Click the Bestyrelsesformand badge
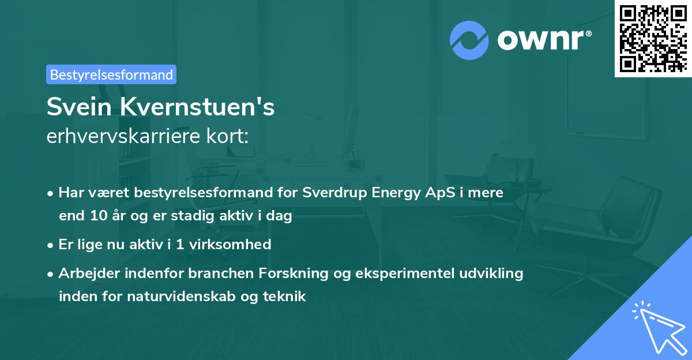coord(111,74)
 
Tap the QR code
coord(653,38)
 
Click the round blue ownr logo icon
coord(469,40)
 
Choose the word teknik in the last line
coord(285,297)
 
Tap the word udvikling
coord(494,273)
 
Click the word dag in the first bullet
coord(280,216)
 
